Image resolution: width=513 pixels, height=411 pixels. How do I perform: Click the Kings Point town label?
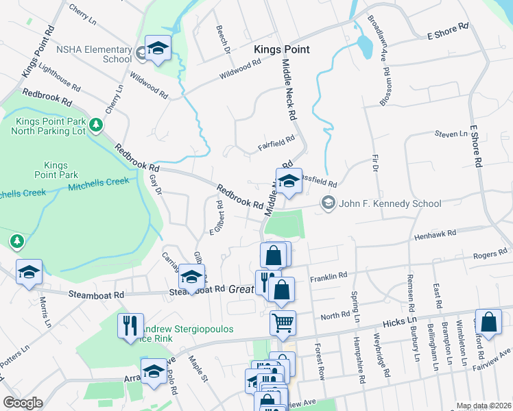click(281, 49)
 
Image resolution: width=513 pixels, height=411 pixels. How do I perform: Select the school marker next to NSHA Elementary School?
click(158, 49)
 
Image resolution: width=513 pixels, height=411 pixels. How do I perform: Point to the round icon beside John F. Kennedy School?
click(329, 203)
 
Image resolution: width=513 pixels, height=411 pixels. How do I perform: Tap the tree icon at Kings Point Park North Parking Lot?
click(97, 125)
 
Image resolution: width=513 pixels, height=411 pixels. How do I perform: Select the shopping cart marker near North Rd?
click(283, 323)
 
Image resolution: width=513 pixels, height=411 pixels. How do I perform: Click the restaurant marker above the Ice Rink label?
click(130, 325)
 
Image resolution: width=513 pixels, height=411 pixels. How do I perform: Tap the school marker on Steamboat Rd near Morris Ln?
click(29, 272)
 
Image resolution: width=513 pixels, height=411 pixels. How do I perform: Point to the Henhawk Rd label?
click(436, 235)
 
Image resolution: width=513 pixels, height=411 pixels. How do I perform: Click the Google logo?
click(23, 403)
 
